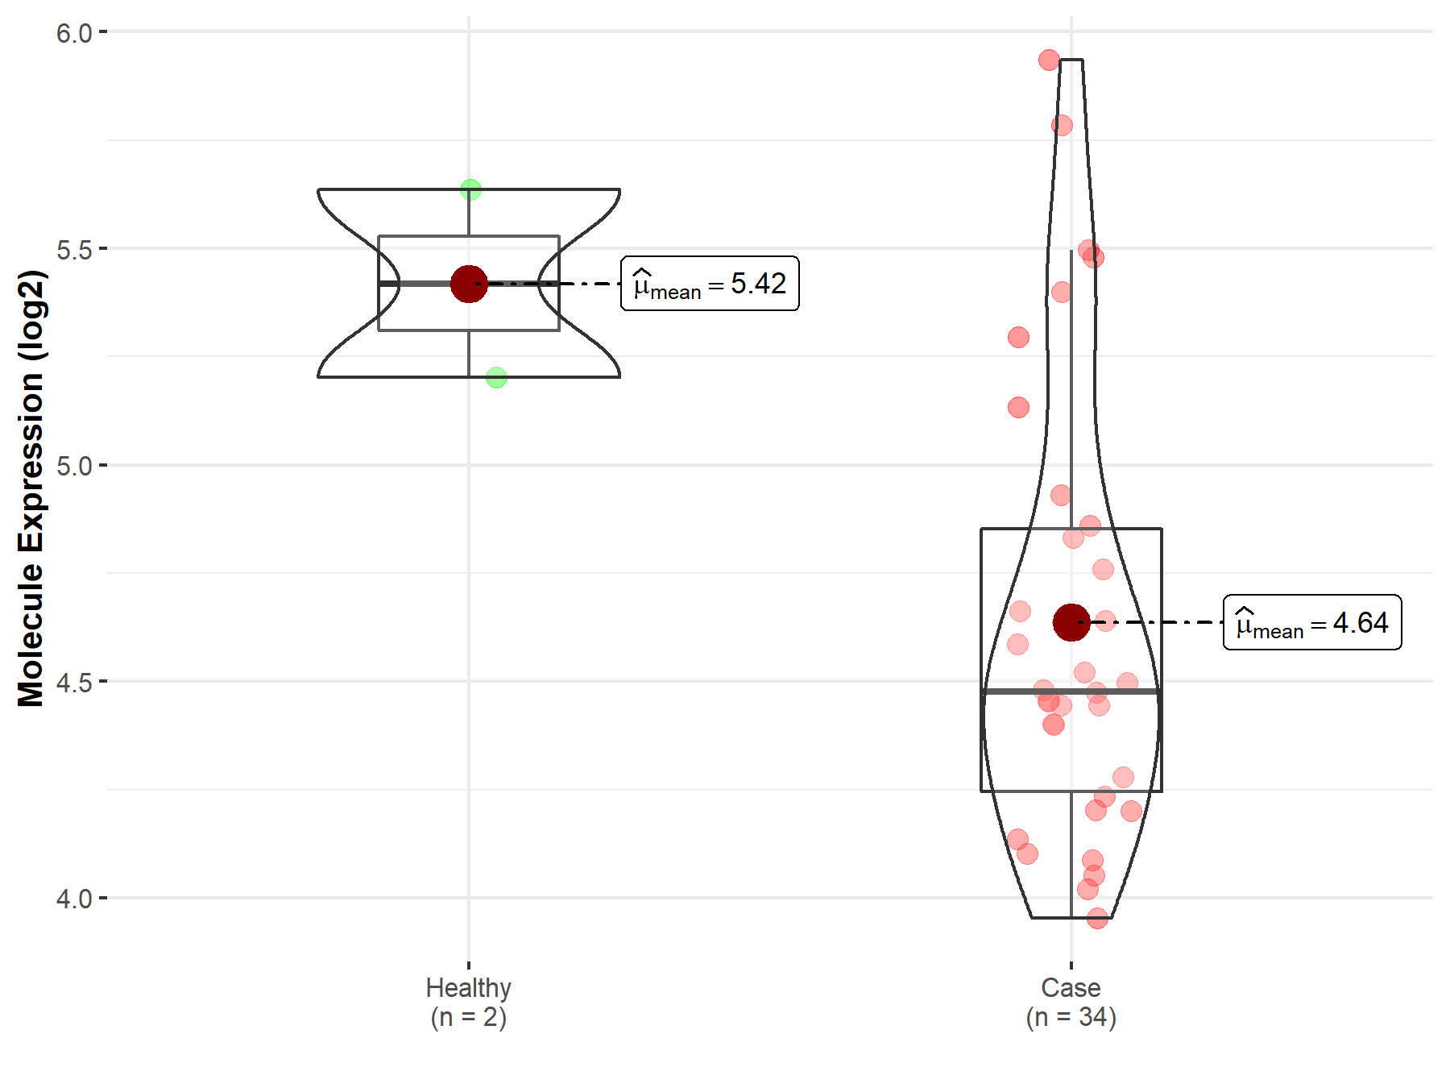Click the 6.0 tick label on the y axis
click(74, 33)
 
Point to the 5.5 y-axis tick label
click(74, 250)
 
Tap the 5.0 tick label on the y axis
click(74, 466)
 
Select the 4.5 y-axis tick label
click(74, 683)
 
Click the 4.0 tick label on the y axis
click(74, 899)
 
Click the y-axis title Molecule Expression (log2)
click(31, 488)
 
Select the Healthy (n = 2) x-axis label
click(469, 1002)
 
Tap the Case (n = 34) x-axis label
click(1071, 1002)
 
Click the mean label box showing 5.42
click(710, 284)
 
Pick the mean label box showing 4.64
click(1312, 622)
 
